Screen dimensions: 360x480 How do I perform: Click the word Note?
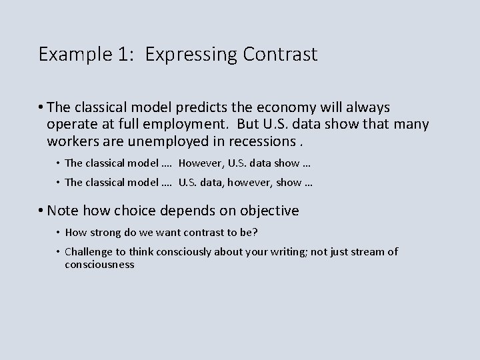(63, 211)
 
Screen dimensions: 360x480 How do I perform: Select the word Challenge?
(89, 251)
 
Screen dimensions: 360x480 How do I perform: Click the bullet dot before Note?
(41, 211)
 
